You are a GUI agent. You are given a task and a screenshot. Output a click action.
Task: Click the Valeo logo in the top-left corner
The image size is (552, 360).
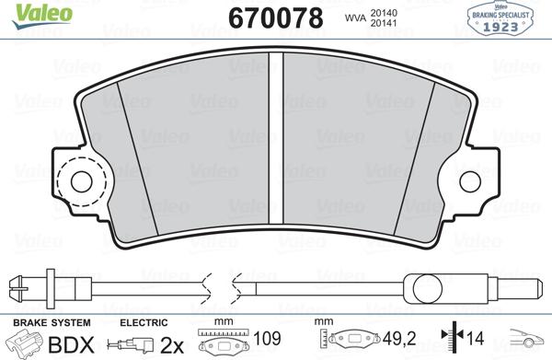42,14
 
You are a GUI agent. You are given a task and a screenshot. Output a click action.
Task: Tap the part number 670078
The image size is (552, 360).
276,18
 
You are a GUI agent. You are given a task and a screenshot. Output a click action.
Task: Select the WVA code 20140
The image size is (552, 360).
384,13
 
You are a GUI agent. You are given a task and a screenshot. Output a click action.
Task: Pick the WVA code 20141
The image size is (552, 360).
384,23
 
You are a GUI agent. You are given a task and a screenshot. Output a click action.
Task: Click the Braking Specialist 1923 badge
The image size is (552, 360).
500,18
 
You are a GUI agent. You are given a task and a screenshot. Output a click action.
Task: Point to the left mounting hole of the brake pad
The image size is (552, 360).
81,181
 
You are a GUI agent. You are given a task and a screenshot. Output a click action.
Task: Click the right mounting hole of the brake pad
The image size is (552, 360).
470,181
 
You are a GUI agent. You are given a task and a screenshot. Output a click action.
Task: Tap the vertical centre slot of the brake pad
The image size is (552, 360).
276,137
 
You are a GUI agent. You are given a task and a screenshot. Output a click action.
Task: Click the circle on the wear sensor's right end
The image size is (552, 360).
428,289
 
